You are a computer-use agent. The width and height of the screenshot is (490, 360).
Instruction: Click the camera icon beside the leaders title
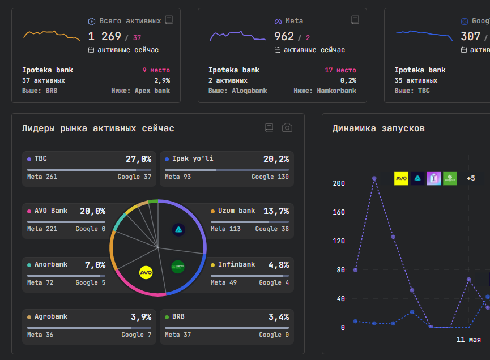coord(287,127)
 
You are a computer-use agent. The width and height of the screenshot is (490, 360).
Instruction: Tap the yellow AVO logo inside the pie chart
coord(146,273)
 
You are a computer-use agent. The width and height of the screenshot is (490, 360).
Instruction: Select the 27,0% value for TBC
coord(138,159)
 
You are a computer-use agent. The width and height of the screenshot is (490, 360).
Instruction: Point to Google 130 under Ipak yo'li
coord(270,177)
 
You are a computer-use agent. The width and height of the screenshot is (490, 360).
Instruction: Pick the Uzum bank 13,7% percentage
coord(276,211)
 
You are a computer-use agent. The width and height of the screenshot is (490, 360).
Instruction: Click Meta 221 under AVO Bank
coord(42,229)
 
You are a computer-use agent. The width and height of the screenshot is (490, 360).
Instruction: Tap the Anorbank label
coord(51,264)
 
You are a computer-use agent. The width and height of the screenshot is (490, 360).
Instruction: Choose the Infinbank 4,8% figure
coord(279,265)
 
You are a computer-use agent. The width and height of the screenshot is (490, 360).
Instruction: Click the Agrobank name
coord(51,316)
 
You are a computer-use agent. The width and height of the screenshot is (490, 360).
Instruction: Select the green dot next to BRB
coord(167,317)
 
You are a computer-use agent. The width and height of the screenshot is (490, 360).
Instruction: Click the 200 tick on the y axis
coord(339,183)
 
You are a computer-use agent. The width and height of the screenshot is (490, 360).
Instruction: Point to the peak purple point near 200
coord(374,179)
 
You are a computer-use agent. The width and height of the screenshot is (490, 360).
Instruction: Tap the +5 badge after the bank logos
coord(471,178)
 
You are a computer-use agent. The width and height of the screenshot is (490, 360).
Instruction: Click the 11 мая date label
coord(468,340)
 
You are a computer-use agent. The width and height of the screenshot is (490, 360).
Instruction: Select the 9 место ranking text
coord(156,70)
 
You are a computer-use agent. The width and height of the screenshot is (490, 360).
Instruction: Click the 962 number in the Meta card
coord(284,37)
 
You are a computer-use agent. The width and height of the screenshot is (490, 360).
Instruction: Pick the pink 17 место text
coord(340,70)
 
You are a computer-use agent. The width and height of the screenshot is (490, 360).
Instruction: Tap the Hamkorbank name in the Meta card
coord(336,91)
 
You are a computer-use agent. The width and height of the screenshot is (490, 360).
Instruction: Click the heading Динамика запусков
coord(378,128)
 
